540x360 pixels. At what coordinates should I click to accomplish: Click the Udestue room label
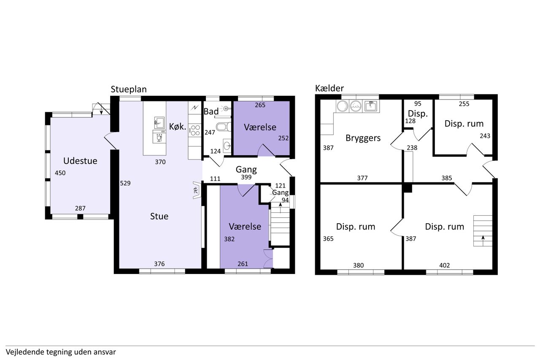coord(80,161)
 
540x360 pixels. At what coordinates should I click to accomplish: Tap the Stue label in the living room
coord(159,216)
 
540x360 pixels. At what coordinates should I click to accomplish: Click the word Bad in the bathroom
coord(211,111)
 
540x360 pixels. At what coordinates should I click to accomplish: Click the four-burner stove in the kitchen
coord(195,130)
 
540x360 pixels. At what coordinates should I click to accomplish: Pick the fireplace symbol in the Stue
coord(197,190)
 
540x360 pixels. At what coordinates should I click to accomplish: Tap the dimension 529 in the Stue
coord(125,183)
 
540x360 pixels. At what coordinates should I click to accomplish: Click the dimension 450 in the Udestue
coord(60,173)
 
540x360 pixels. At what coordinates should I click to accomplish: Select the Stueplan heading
coord(129,89)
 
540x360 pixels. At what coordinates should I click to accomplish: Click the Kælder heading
coord(329,88)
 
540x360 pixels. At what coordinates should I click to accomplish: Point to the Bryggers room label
coord(363,138)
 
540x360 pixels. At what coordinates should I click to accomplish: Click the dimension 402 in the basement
coord(445,265)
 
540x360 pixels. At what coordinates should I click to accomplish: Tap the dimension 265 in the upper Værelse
coord(260,105)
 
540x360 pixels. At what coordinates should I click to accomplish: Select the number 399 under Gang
coord(246,177)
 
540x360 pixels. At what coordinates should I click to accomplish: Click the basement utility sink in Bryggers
coord(371,106)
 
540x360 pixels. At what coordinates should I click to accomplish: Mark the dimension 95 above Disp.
coord(418,104)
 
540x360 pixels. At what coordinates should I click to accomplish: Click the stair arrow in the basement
coord(483,241)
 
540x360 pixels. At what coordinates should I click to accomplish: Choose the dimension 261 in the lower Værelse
coord(243,264)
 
